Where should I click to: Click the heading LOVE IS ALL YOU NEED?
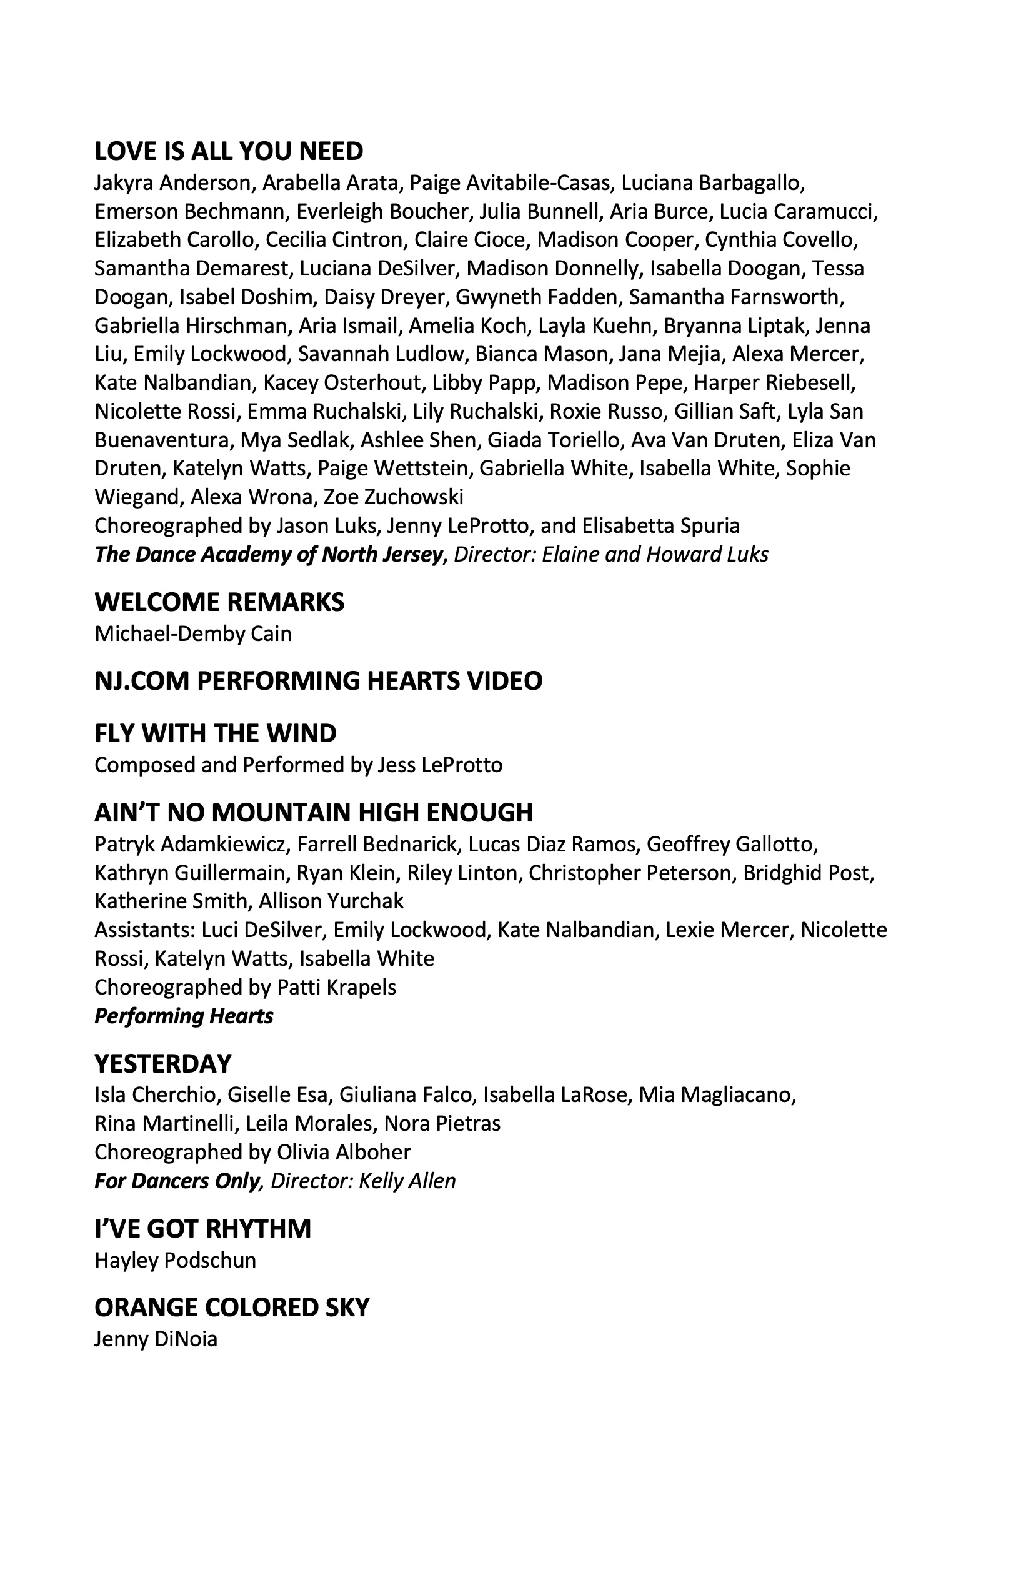228,151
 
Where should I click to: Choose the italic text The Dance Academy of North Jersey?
269,554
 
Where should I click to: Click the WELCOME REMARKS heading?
219,602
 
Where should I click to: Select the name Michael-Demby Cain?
193,633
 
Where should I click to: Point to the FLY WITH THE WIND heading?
215,733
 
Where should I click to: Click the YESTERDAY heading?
162,1063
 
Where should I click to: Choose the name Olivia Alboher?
344,1151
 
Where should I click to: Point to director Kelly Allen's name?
407,1180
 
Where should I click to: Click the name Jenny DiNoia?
156,1339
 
